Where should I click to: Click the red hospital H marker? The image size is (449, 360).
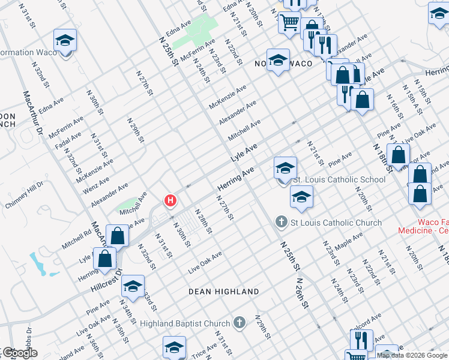click(x=170, y=200)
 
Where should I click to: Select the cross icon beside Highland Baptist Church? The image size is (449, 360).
click(x=240, y=323)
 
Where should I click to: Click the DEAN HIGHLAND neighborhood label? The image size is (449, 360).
click(x=224, y=292)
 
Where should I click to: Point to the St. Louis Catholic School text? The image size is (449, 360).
click(x=339, y=179)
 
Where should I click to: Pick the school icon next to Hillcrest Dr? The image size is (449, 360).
click(x=133, y=286)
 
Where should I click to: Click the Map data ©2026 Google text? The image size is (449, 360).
click(x=412, y=355)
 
